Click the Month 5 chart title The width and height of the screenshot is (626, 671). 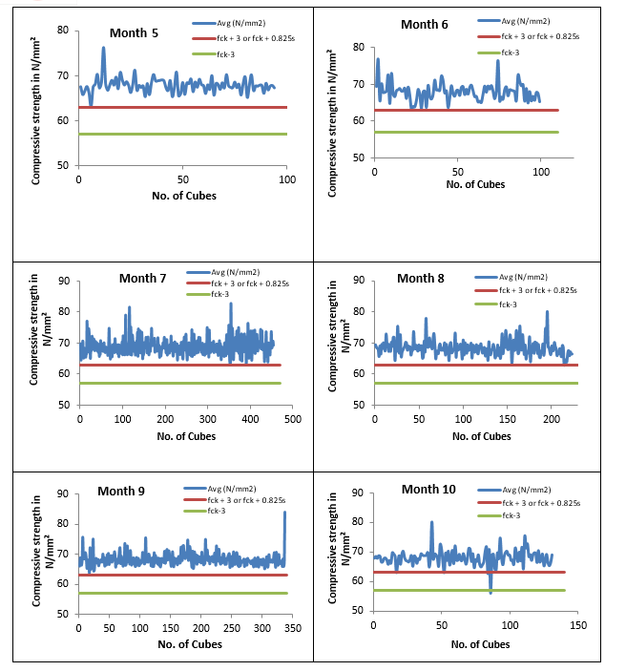pyautogui.click(x=134, y=33)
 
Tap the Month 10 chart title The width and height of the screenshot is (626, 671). pyautogui.click(x=428, y=490)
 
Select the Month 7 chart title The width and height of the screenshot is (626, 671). pyautogui.click(x=143, y=279)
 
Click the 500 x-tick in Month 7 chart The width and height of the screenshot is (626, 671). pyautogui.click(x=292, y=419)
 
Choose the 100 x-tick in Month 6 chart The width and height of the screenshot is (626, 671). pyautogui.click(x=539, y=172)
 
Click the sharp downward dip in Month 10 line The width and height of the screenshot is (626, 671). pyautogui.click(x=490, y=592)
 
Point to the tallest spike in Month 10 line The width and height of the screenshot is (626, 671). pyautogui.click(x=431, y=522)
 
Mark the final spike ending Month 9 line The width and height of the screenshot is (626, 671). pyautogui.click(x=284, y=513)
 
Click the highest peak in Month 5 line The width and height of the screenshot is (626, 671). pyautogui.click(x=103, y=48)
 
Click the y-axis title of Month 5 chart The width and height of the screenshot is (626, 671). pyautogui.click(x=35, y=97)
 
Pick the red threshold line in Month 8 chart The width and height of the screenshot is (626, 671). pyautogui.click(x=477, y=365)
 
